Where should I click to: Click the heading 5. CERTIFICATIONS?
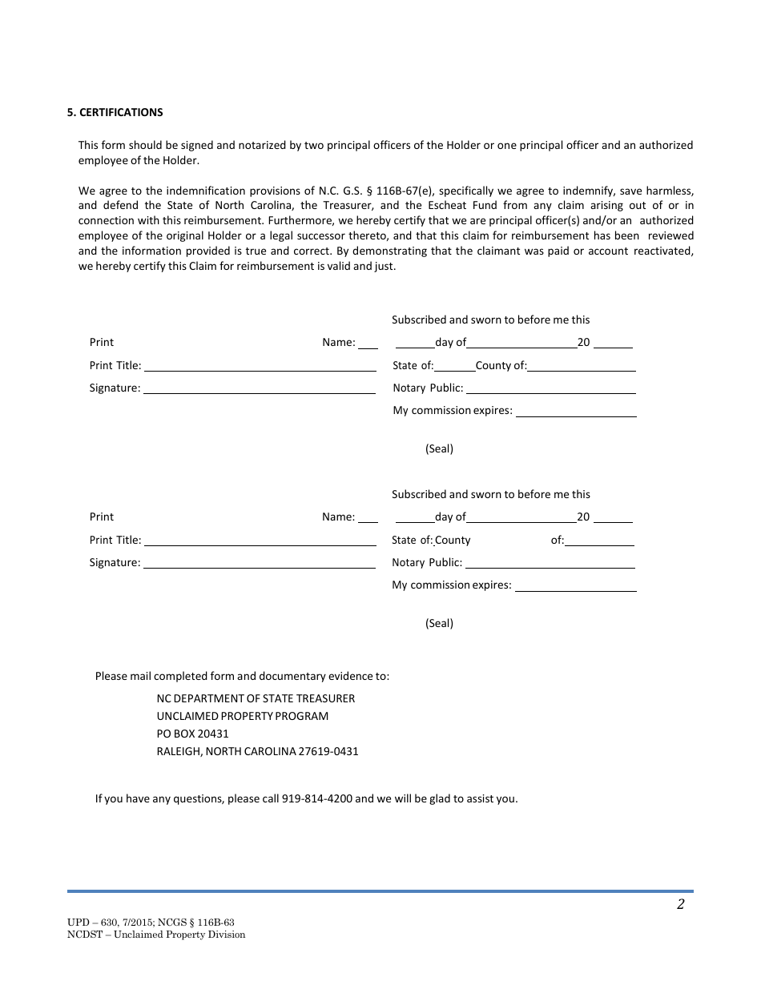[x=115, y=113]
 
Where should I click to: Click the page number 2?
[x=680, y=905]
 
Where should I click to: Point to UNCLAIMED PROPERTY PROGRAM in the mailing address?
[x=242, y=716]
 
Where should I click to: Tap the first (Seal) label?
[x=439, y=448]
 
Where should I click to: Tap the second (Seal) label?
[x=439, y=623]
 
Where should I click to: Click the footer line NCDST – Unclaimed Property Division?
[x=156, y=935]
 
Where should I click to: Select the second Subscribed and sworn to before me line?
[x=490, y=494]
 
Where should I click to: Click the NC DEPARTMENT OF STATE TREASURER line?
[x=256, y=698]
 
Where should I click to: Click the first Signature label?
[x=115, y=388]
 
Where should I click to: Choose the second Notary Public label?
[x=427, y=563]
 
